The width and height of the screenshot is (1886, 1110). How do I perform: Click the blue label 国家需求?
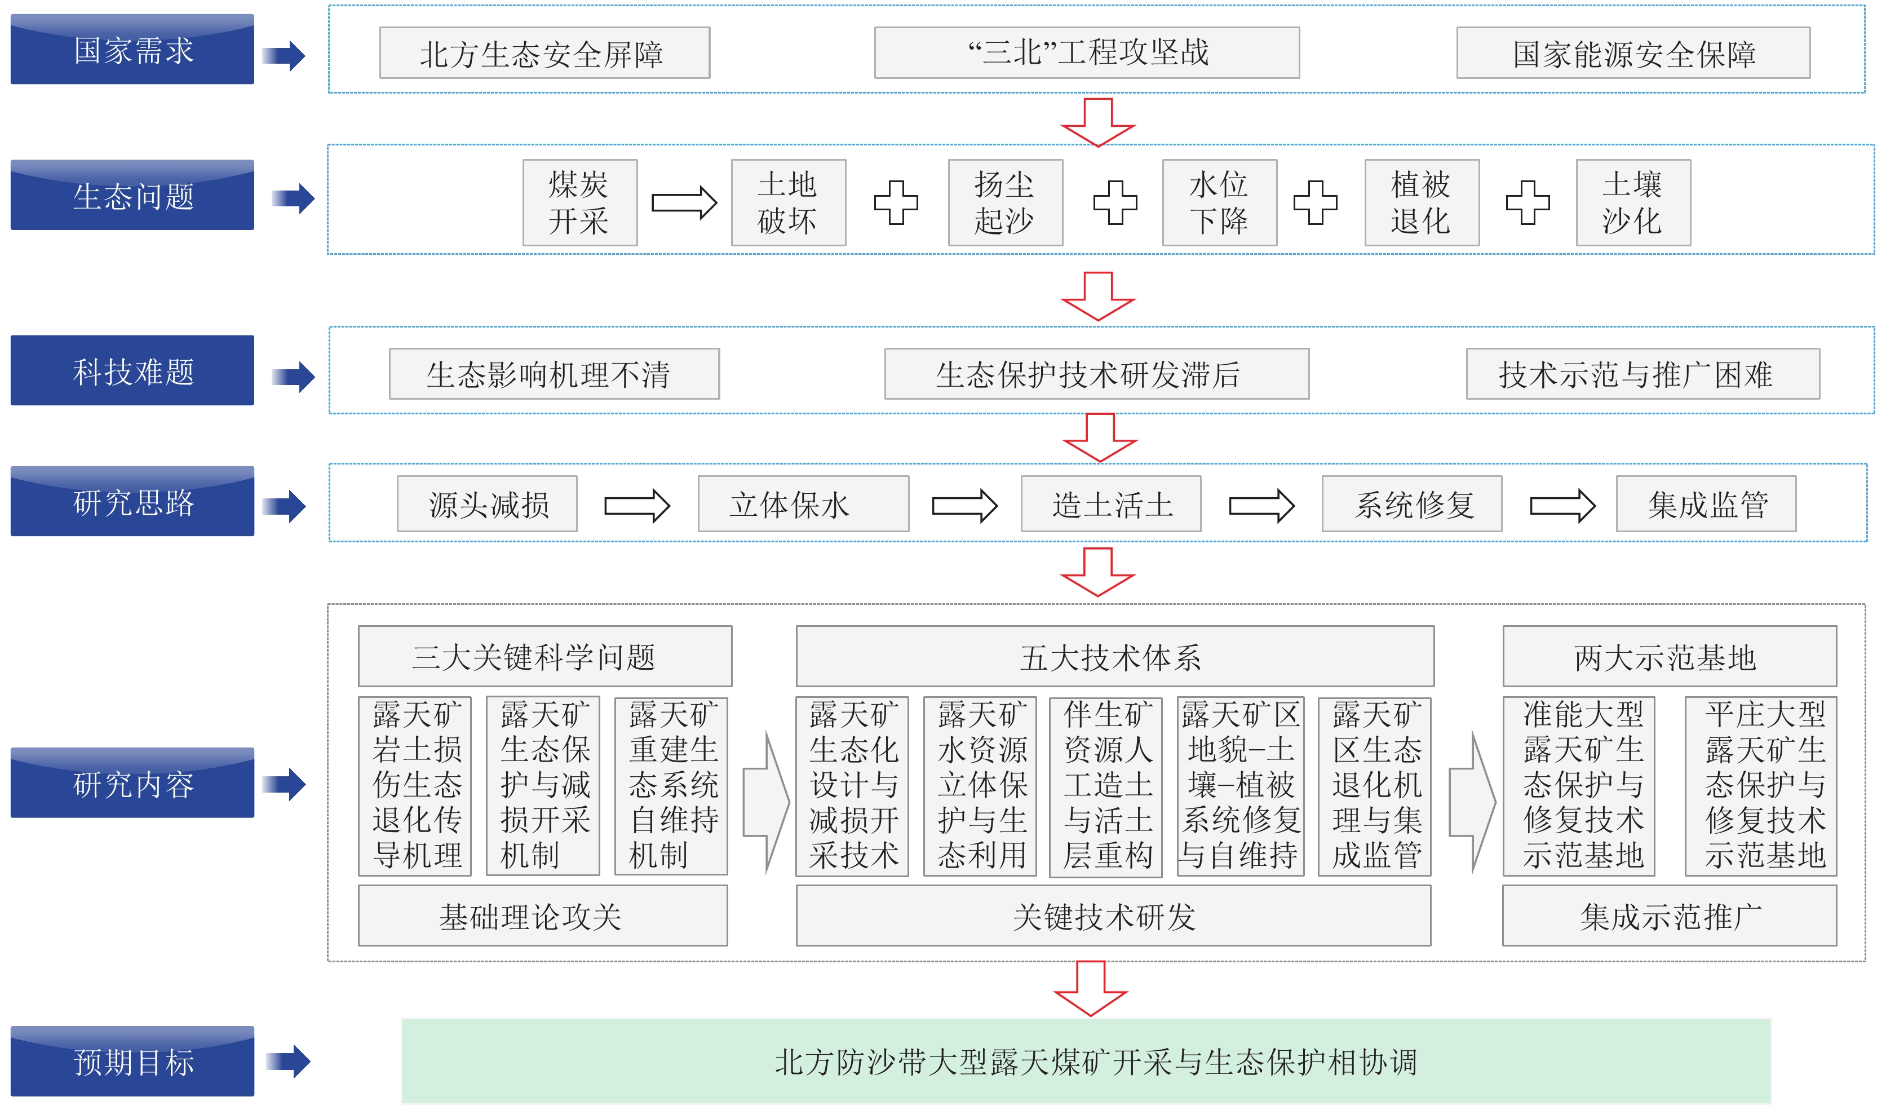click(132, 50)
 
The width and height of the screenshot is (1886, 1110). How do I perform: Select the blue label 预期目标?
click(132, 1062)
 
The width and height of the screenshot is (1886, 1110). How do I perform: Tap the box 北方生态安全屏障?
click(544, 53)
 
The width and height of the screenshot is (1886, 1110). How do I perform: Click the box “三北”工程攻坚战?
click(1087, 53)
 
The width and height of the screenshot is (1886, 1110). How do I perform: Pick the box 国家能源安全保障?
click(1633, 53)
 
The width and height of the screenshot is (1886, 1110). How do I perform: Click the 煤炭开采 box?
click(580, 202)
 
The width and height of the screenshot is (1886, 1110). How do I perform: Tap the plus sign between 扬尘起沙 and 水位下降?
click(1114, 202)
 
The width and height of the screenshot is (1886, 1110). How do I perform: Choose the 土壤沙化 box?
click(1633, 202)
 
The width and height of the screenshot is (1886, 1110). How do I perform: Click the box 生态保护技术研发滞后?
click(1096, 374)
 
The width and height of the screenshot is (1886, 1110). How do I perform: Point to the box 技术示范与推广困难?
click(1642, 374)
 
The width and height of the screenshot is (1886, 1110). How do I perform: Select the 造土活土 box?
click(1110, 504)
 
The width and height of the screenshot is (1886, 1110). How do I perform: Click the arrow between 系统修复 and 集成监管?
click(1562, 506)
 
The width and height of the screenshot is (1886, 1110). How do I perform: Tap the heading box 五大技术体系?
click(1114, 656)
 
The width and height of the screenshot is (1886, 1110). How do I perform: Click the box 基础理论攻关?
click(543, 916)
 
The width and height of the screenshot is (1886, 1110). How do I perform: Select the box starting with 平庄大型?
click(1760, 786)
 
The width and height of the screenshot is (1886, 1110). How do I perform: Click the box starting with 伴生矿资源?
click(1105, 786)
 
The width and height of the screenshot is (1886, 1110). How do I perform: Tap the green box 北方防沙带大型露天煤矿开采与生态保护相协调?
click(1086, 1062)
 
